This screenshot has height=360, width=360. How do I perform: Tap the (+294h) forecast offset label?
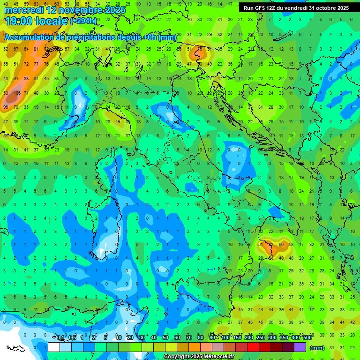[x=83, y=21]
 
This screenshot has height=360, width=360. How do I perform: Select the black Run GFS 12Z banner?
[x=296, y=8]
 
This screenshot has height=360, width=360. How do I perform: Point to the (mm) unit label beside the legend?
[x=317, y=348]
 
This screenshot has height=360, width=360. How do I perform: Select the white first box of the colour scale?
[x=54, y=347]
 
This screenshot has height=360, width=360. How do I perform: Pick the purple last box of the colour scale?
[x=300, y=347]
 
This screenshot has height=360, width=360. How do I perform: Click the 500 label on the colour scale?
[x=307, y=338]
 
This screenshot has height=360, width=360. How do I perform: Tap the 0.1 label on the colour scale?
[x=60, y=338]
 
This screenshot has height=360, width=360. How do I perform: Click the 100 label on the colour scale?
[x=225, y=338]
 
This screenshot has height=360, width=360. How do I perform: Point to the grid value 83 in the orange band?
[x=16, y=78]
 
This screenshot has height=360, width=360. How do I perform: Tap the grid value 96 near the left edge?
[x=6, y=107]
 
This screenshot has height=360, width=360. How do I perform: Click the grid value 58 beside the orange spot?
[x=291, y=245]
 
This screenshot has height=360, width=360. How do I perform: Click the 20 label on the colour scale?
[x=130, y=338]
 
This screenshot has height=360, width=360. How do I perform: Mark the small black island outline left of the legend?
[x=15, y=348]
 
